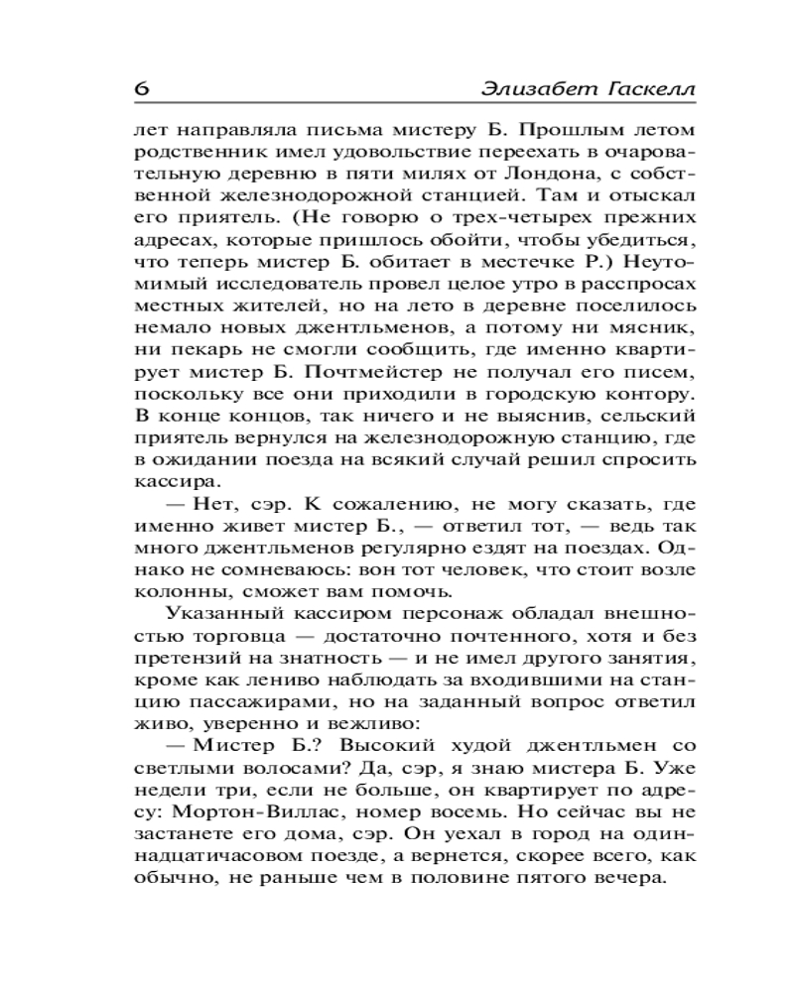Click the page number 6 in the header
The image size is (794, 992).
click(141, 87)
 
